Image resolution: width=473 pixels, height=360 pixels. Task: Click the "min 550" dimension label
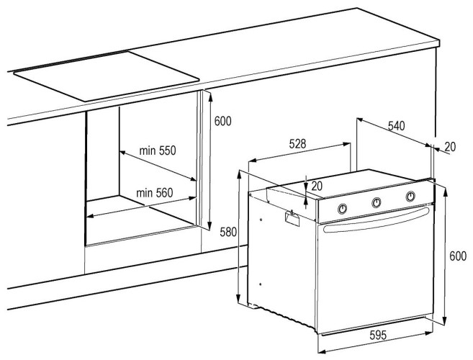coord(157,150)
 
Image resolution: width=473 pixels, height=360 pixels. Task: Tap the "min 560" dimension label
coord(155,192)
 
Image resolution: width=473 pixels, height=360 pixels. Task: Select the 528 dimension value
coord(297,143)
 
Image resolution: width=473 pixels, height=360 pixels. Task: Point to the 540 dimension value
coord(396,125)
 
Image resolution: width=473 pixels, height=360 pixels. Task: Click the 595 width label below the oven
coord(378,335)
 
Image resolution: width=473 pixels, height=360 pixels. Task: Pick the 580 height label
coord(228,232)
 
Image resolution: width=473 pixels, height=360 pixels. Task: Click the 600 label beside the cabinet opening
coord(223,121)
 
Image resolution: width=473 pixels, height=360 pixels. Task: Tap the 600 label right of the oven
coord(458,256)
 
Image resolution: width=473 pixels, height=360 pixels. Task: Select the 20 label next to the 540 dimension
coord(450,147)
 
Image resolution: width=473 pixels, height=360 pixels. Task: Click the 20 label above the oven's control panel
coord(317,186)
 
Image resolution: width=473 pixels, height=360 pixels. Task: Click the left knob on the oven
coord(342,208)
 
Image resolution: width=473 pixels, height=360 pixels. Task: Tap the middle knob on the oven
coord(376,202)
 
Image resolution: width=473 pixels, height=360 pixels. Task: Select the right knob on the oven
coord(410,196)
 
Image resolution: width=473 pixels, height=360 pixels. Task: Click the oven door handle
coord(376,220)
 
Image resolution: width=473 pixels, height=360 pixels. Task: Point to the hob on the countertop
coord(106,76)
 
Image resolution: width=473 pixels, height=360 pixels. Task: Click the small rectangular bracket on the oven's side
coord(292,217)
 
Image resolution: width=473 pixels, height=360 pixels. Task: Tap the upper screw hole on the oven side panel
coord(261,220)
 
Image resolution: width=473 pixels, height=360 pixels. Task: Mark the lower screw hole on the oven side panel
coord(261,284)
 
